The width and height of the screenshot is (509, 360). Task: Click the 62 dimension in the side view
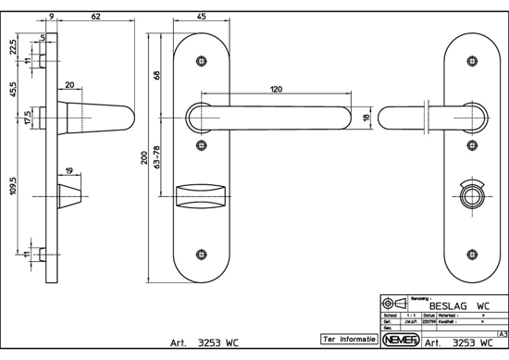coord(97,16)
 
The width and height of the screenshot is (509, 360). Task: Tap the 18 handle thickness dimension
coord(366,118)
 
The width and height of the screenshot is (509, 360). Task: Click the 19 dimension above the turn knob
coord(69,172)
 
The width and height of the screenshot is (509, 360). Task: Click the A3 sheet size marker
coord(501,332)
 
